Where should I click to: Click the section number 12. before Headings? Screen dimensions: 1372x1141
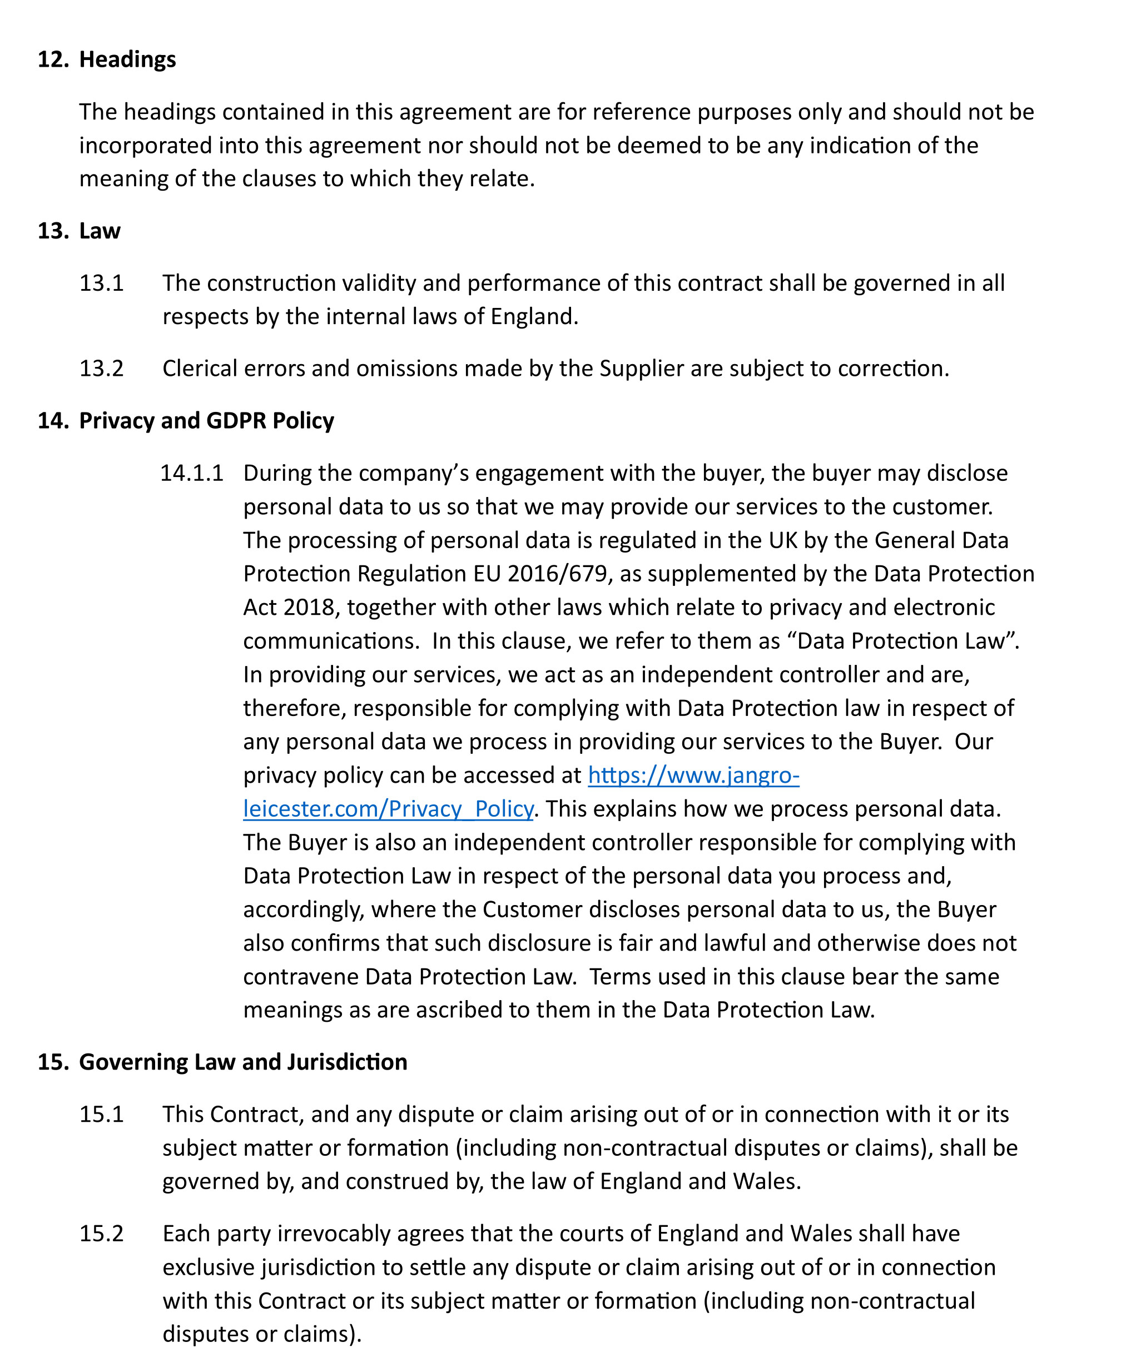pos(53,59)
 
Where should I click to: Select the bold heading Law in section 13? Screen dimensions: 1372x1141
pos(100,231)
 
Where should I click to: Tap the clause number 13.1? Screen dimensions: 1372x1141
pos(101,283)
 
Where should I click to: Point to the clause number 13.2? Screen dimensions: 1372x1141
pos(101,369)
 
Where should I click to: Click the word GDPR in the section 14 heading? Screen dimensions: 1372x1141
pos(236,421)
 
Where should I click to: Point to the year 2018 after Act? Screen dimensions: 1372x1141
pos(309,608)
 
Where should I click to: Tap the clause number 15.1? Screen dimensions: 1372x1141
pos(101,1115)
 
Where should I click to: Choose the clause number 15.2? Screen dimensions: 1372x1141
pos(101,1234)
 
